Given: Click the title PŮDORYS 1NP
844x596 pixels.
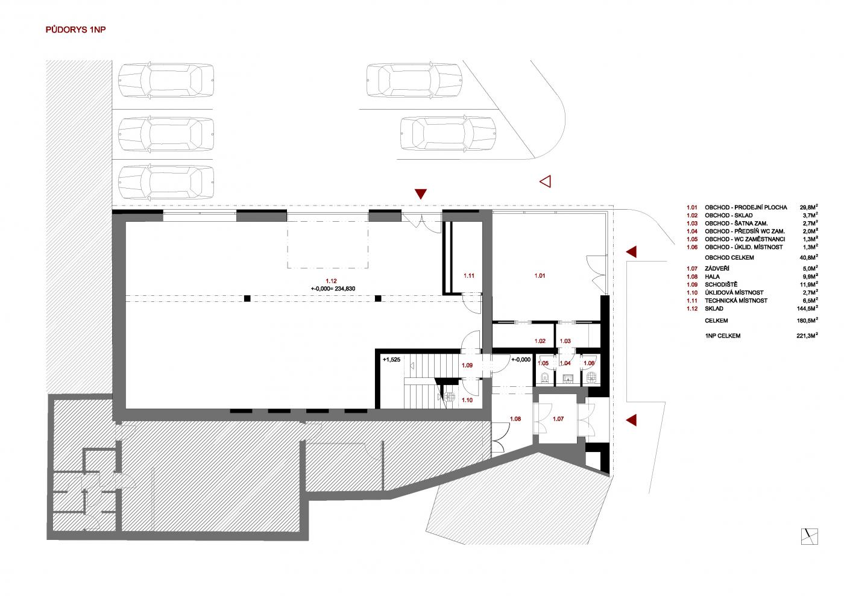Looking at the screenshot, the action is tap(76, 30).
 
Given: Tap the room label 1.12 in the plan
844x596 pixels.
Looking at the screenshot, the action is tap(331, 281).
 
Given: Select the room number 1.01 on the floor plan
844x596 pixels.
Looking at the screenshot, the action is tap(540, 276).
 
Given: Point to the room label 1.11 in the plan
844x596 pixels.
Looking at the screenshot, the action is tap(469, 276).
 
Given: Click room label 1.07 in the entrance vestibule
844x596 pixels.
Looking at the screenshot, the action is tap(558, 419).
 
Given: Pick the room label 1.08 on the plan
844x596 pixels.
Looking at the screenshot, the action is tap(515, 419).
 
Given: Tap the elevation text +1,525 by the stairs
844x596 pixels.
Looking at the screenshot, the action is tap(391, 360).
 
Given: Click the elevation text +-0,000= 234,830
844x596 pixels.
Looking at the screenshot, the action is tap(333, 289).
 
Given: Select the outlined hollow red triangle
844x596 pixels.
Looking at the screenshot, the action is tap(546, 181).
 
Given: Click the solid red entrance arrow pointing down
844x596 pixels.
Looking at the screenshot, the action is tap(421, 193).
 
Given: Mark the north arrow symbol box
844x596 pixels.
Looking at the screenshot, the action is tap(810, 536).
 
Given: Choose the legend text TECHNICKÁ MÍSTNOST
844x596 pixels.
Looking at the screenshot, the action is tap(736, 301).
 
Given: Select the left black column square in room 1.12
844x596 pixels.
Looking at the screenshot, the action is tap(247, 298).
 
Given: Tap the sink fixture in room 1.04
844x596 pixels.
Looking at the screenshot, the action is tap(568, 378).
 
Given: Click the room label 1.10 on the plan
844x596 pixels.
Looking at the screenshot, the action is tap(467, 400).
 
